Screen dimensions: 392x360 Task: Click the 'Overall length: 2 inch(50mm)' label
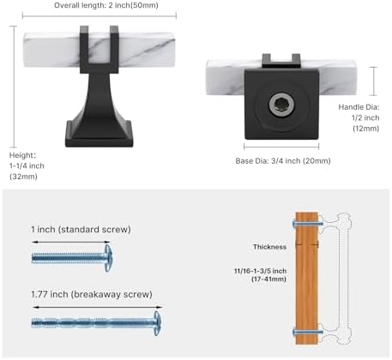pyautogui.click(x=106, y=5)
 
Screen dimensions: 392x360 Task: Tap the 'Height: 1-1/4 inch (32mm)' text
pyautogui.click(x=27, y=166)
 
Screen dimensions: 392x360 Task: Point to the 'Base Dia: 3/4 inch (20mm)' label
pyautogui.click(x=283, y=161)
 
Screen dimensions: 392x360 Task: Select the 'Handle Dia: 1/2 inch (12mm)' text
pyautogui.click(x=359, y=117)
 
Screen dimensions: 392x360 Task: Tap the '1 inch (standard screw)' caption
pyautogui.click(x=81, y=230)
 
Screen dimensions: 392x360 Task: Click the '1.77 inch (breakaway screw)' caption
pyautogui.click(x=92, y=294)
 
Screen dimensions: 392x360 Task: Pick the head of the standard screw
pyautogui.click(x=108, y=258)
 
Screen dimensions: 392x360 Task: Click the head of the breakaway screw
pyautogui.click(x=157, y=323)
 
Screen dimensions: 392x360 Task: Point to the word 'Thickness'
pyautogui.click(x=269, y=247)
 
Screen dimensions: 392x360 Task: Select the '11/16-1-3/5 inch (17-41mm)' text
pyautogui.click(x=260, y=275)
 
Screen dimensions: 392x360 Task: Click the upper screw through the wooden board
pyautogui.click(x=308, y=224)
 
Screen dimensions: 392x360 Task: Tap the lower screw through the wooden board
pyautogui.click(x=308, y=333)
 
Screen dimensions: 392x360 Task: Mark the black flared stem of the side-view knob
pyautogui.click(x=100, y=97)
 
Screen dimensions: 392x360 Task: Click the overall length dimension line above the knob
pyautogui.click(x=100, y=16)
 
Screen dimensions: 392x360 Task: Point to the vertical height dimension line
pyautogui.click(x=14, y=87)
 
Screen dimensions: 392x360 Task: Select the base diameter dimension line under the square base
pyautogui.click(x=281, y=147)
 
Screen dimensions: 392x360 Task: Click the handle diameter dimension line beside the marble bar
pyautogui.click(x=373, y=81)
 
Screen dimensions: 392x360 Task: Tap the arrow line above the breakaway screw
pyautogui.click(x=98, y=307)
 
